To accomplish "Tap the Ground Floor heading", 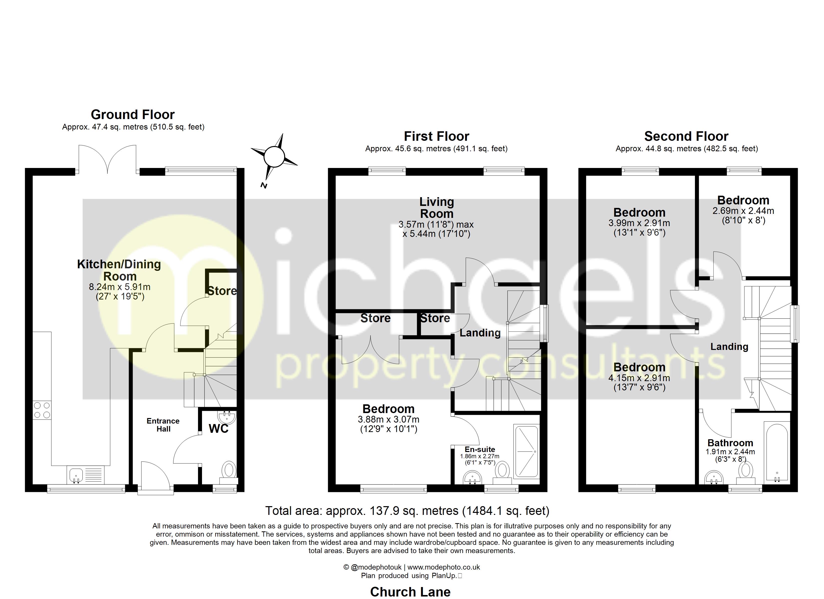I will [133, 115].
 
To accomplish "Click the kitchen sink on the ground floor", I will [76, 475].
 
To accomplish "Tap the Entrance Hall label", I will [163, 425].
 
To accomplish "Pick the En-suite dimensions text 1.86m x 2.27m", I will [480, 456].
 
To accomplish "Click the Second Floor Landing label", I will [729, 347].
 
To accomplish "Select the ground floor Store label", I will [222, 291].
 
